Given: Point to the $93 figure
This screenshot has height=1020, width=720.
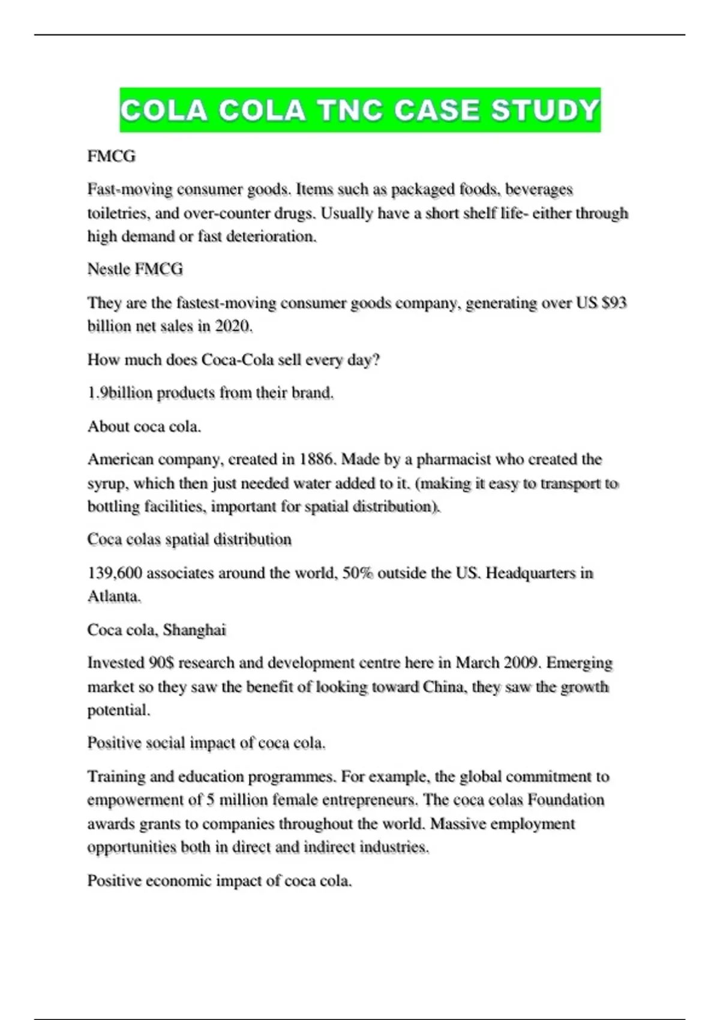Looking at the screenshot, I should (614, 302).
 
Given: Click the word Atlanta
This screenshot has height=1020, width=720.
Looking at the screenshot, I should (113, 596).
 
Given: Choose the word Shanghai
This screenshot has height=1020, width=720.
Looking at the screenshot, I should (194, 629).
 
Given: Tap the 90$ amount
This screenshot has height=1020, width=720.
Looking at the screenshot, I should (161, 662).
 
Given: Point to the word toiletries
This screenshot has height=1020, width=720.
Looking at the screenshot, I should (117, 213).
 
